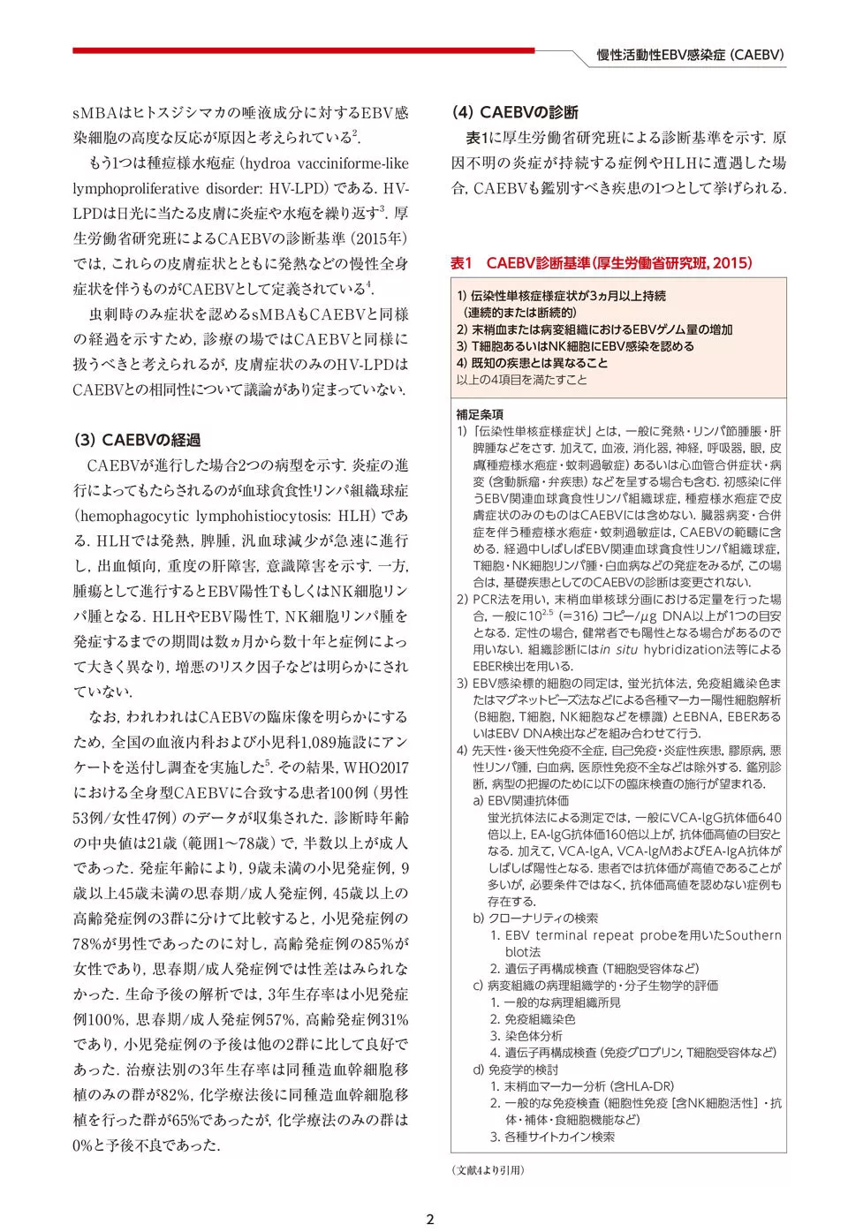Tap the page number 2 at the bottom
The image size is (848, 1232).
pyautogui.click(x=430, y=1220)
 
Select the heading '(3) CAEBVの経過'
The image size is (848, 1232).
pyautogui.click(x=137, y=440)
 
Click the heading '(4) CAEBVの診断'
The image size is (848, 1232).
pyautogui.click(x=515, y=112)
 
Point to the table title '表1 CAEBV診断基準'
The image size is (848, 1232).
pyautogui.click(x=601, y=263)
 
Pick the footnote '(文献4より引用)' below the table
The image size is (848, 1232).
pyautogui.click(x=488, y=1169)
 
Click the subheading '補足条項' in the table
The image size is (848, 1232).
pyautogui.click(x=480, y=414)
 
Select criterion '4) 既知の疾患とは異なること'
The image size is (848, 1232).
pyautogui.click(x=532, y=363)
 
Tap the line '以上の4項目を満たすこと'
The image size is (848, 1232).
pyautogui.click(x=521, y=380)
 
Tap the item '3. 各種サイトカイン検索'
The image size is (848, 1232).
pyautogui.click(x=553, y=1137)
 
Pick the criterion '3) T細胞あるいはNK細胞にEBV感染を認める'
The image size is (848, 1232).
pyautogui.click(x=575, y=346)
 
